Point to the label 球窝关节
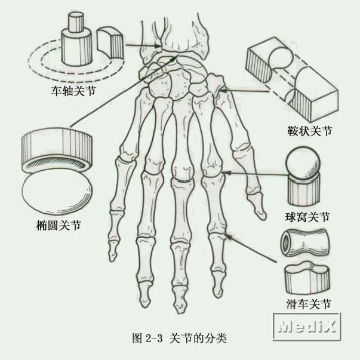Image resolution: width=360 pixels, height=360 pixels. click(x=308, y=216)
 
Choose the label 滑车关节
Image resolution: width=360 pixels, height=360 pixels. click(x=308, y=304)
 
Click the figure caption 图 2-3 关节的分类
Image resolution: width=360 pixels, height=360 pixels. click(x=179, y=338)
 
